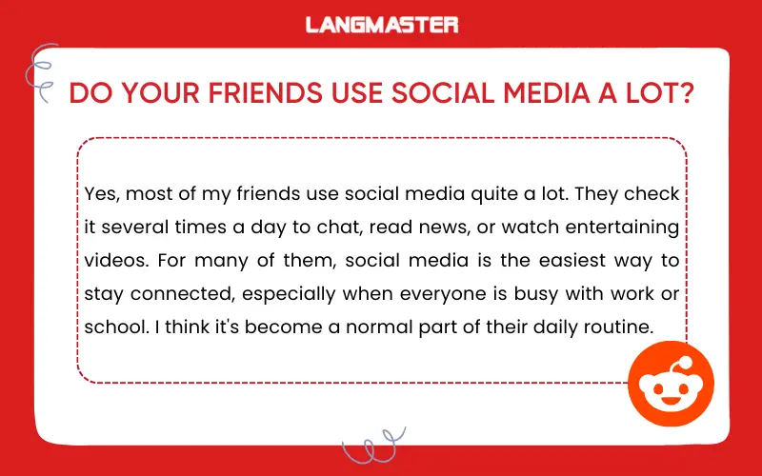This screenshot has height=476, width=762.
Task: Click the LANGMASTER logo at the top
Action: pyautogui.click(x=381, y=25)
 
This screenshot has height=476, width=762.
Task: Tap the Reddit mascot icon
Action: pyautogui.click(x=666, y=386)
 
